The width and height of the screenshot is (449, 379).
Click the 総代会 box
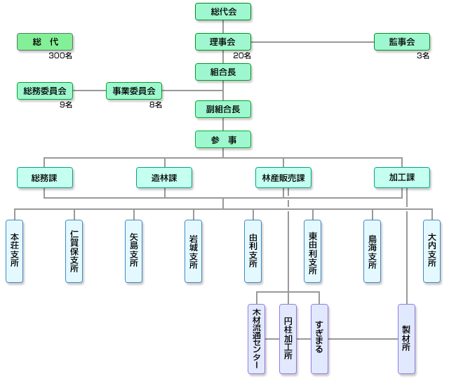[223, 11]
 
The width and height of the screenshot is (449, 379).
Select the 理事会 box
[223, 41]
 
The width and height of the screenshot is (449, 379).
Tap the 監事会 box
[401, 41]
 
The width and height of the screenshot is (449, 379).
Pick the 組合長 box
[223, 72]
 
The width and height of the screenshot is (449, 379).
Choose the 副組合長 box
[223, 109]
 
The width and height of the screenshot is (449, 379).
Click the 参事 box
[223, 139]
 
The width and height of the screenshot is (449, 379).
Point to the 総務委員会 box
[45, 91]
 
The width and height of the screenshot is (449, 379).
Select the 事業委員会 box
[134, 91]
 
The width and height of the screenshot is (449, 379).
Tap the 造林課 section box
[164, 177]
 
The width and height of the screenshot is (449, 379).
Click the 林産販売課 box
[283, 177]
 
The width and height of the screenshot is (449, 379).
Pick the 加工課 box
[402, 177]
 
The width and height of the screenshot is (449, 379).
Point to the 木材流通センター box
[257, 338]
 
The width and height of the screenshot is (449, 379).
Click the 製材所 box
[406, 338]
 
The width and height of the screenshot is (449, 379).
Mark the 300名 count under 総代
[61, 55]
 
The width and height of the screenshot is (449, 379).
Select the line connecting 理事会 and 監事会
[312, 42]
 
